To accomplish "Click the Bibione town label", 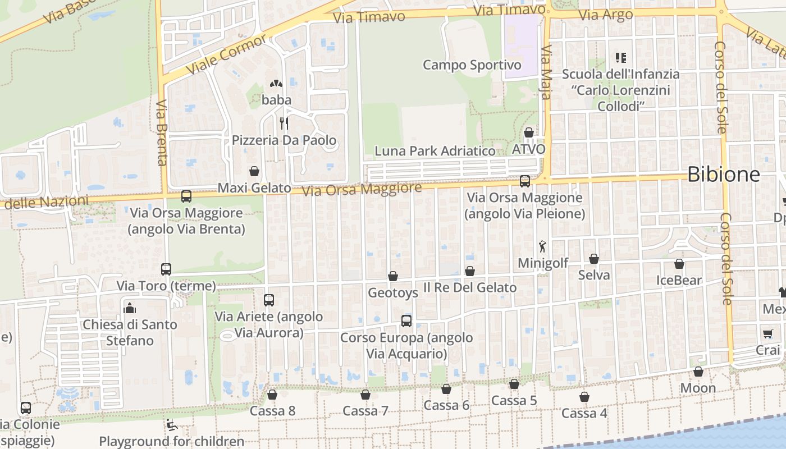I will pos(723,174).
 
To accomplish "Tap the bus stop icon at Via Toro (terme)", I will pos(166,269).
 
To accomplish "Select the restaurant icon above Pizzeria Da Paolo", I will pos(284,123).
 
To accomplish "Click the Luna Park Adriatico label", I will pos(435,151).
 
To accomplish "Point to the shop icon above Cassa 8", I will pos(272,395).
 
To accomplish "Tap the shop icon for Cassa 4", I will pos(584,397).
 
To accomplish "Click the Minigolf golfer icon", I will pos(542,246).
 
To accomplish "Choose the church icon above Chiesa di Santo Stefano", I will pos(130,308).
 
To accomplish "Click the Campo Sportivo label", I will pos(472,65).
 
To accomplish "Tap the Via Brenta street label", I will pos(162,133).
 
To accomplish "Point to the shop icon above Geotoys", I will pos(393,276).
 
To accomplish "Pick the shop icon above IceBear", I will pos(679,264).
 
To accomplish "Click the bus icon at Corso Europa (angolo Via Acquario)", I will pos(406,321).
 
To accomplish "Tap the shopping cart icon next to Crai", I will pos(768,334).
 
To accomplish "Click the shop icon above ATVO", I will pos(529,132).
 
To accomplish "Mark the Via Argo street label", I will pos(605,15).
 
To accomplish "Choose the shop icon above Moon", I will pos(698,372).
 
